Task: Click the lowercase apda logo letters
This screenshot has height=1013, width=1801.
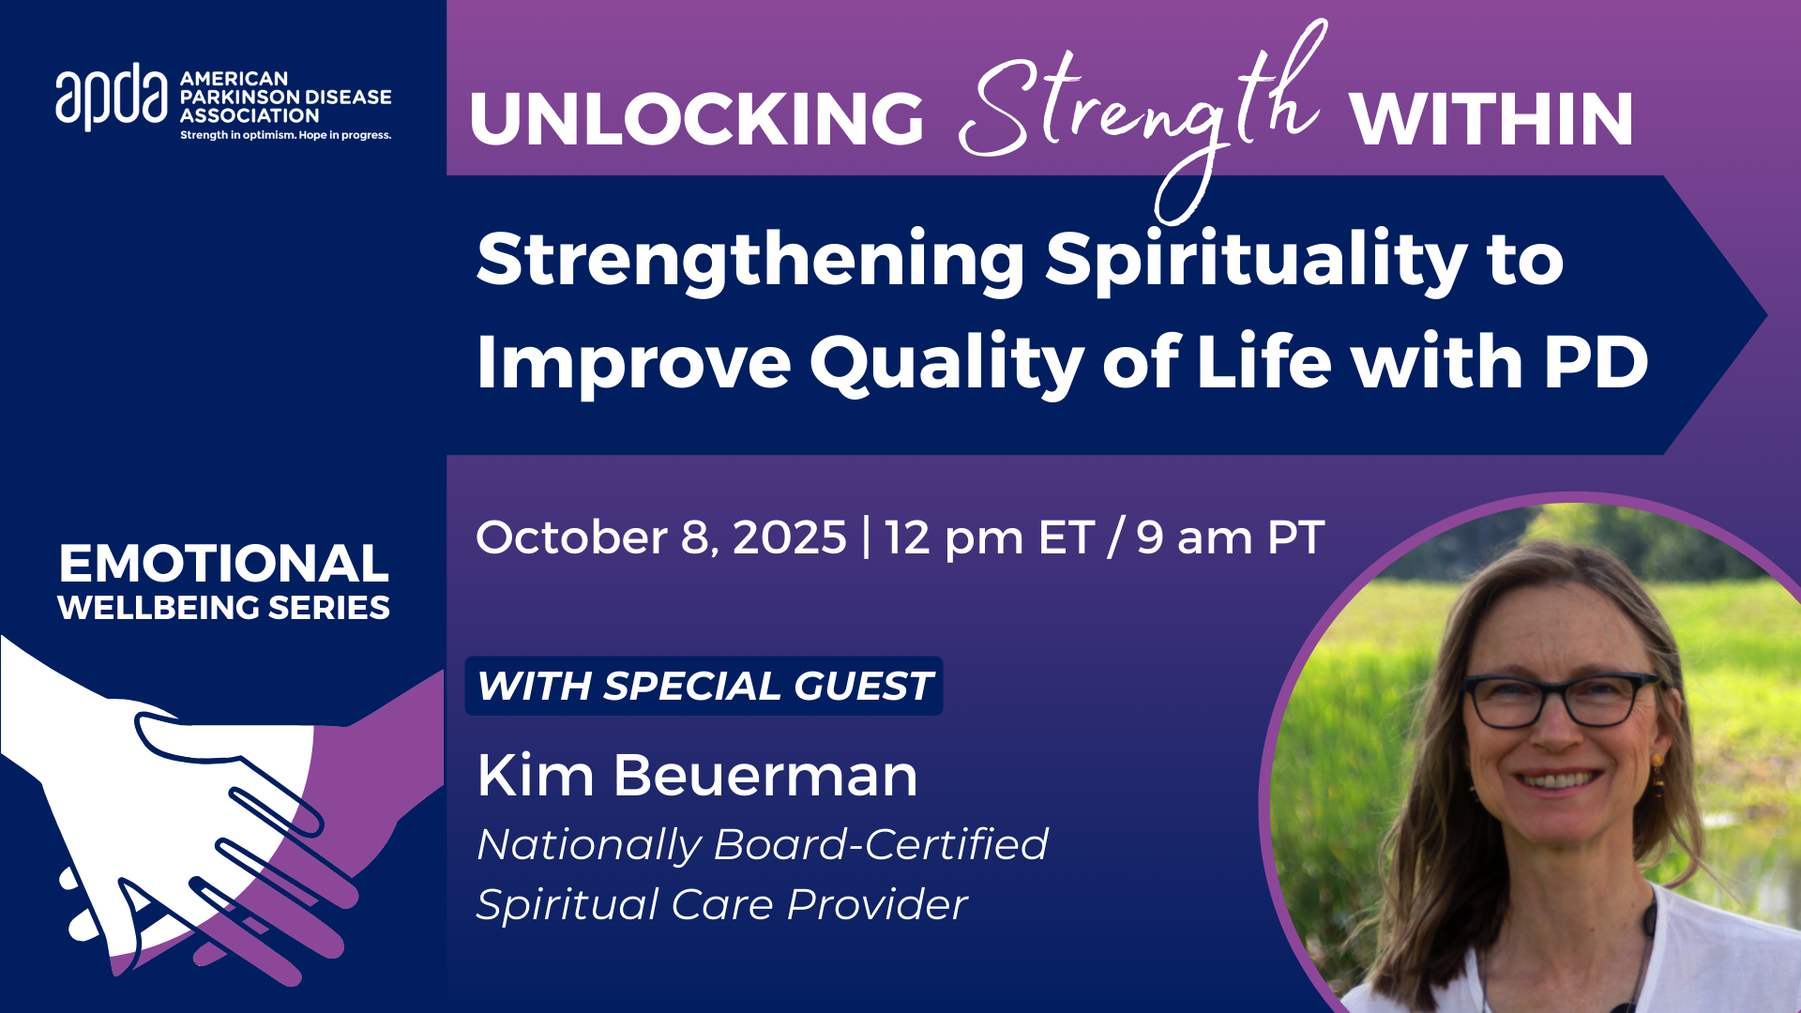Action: [112, 97]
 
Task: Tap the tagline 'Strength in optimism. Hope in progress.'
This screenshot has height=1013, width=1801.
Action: [286, 136]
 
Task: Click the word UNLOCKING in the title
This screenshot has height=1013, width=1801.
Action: [697, 119]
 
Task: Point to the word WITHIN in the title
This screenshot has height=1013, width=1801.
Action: [1491, 119]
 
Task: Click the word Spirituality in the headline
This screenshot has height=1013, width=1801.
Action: [1256, 261]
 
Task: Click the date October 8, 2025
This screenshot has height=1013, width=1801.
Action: [661, 537]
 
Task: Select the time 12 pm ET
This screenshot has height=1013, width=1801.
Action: [989, 538]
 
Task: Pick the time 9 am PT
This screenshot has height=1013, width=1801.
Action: [1230, 538]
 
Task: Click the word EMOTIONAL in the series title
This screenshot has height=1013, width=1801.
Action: [223, 564]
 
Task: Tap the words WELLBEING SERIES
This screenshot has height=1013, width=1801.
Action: [223, 608]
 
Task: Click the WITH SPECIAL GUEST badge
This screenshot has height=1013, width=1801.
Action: [704, 686]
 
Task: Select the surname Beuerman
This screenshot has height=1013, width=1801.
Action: [765, 776]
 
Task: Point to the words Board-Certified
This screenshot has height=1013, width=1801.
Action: [881, 844]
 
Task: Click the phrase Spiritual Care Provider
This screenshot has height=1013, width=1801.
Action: [721, 905]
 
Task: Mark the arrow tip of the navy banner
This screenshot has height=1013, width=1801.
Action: [1767, 315]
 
